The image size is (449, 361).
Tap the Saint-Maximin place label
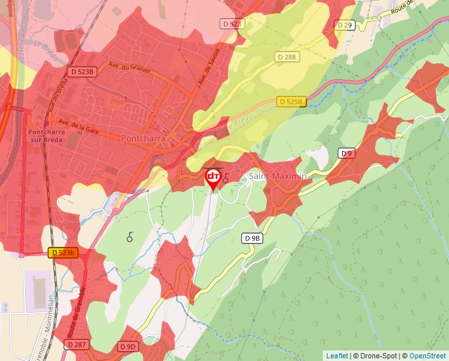click(277, 176)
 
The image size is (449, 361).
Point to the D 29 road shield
click(345, 24)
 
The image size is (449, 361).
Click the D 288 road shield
click(287, 57)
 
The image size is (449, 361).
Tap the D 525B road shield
click(291, 102)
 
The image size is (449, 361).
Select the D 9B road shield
click(252, 238)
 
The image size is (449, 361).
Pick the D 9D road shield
click(128, 346)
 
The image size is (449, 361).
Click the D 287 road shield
click(76, 345)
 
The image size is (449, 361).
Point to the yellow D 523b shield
click(63, 252)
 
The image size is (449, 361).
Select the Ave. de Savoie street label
click(209, 65)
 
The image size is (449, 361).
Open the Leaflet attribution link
click(337, 356)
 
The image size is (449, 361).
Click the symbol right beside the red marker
click(226, 178)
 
